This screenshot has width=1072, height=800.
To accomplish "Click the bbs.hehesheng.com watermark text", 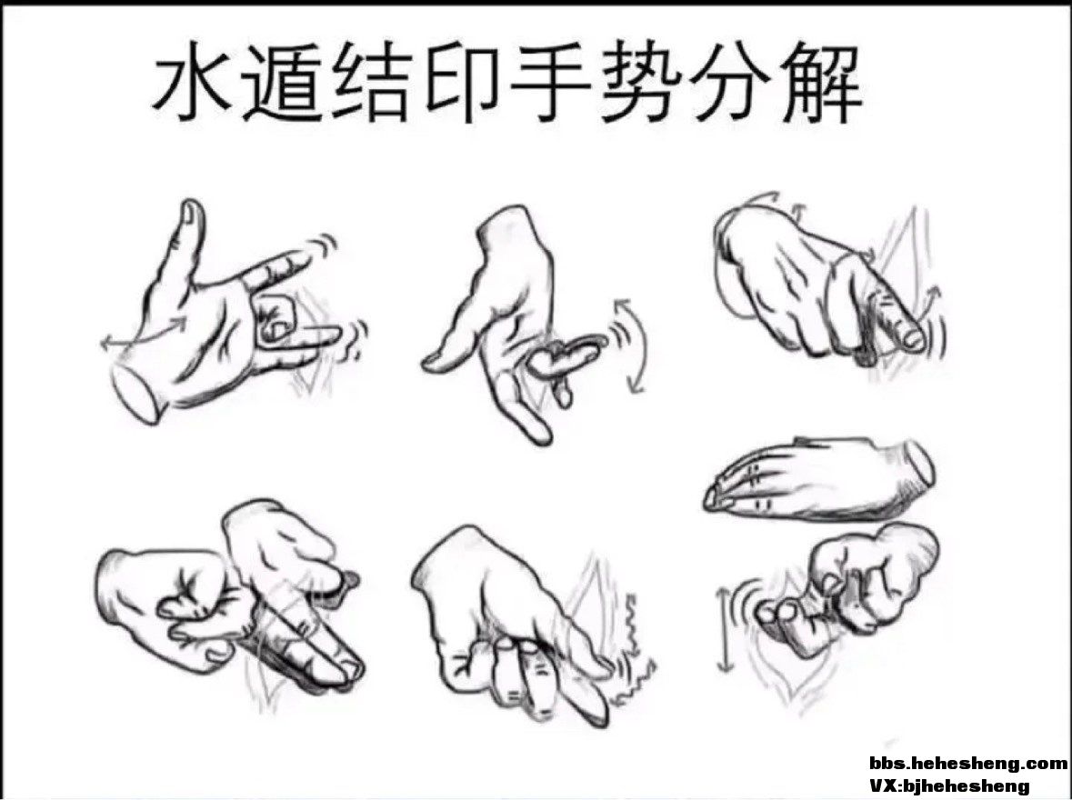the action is click(967, 763).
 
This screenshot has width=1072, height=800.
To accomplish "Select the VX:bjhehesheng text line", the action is click(949, 785).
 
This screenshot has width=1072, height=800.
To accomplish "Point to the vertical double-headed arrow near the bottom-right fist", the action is click(724, 629).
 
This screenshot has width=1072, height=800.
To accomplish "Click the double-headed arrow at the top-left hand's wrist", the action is click(143, 331).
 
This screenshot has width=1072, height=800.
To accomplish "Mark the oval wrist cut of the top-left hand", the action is click(136, 393).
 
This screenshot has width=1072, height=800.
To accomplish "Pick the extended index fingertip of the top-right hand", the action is click(912, 336).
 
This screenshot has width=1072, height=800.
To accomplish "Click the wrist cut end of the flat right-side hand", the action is click(918, 462).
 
